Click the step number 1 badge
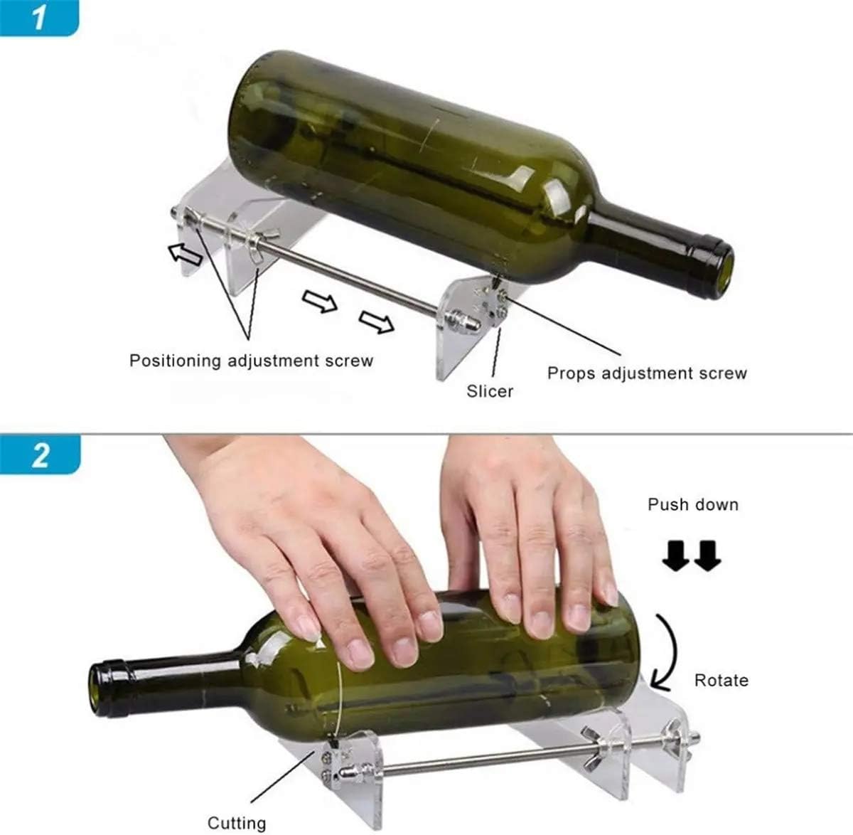point(38,17)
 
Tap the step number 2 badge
point(40,454)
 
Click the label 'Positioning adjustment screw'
point(251,361)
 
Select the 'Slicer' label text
point(490,390)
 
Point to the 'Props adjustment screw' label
point(647,373)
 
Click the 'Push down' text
point(692,505)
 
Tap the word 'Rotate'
point(721,680)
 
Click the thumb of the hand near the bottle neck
point(311,619)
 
